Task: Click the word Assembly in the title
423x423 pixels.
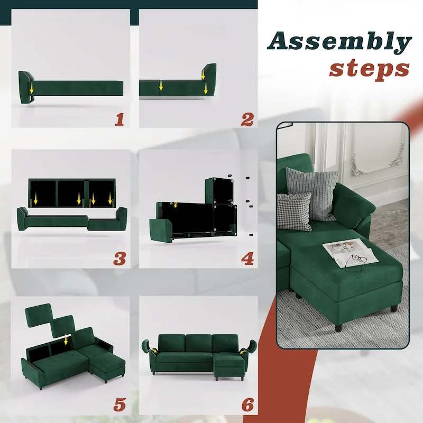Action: coord(339,41)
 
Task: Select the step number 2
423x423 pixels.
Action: coord(247,119)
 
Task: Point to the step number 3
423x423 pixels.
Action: coord(119,258)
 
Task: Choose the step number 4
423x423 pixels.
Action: coord(247,258)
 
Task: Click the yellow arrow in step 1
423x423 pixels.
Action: coord(31,86)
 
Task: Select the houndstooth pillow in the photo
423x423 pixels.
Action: coord(294,212)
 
